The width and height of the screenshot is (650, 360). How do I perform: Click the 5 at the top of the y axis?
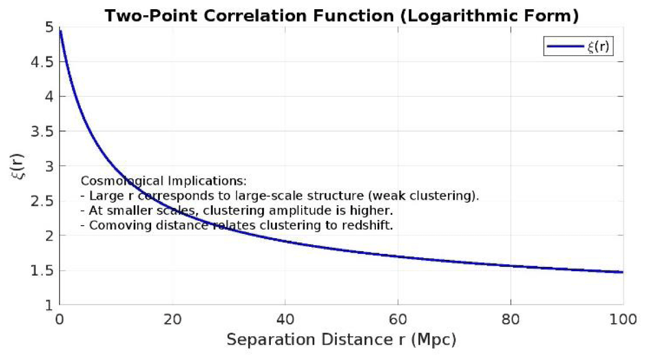(x=47, y=28)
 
